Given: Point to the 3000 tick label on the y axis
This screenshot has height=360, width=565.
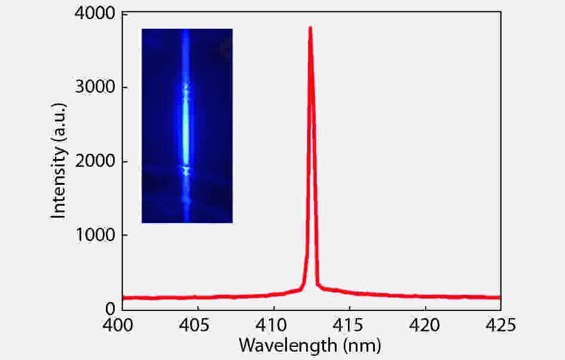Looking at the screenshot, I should [x=93, y=87].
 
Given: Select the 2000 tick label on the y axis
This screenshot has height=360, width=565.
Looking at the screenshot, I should [x=93, y=161].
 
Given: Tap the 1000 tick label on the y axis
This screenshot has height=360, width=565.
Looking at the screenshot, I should [x=93, y=235].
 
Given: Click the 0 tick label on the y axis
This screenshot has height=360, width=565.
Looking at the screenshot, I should [x=110, y=309].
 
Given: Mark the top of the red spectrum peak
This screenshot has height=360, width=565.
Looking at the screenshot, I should [x=310, y=28].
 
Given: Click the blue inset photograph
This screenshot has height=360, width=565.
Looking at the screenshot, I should [x=187, y=126].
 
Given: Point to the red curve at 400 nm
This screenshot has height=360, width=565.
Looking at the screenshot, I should [x=123, y=298].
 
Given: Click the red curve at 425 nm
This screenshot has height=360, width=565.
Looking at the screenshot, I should [x=499, y=297].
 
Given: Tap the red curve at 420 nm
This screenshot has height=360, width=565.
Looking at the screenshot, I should [x=425, y=296].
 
